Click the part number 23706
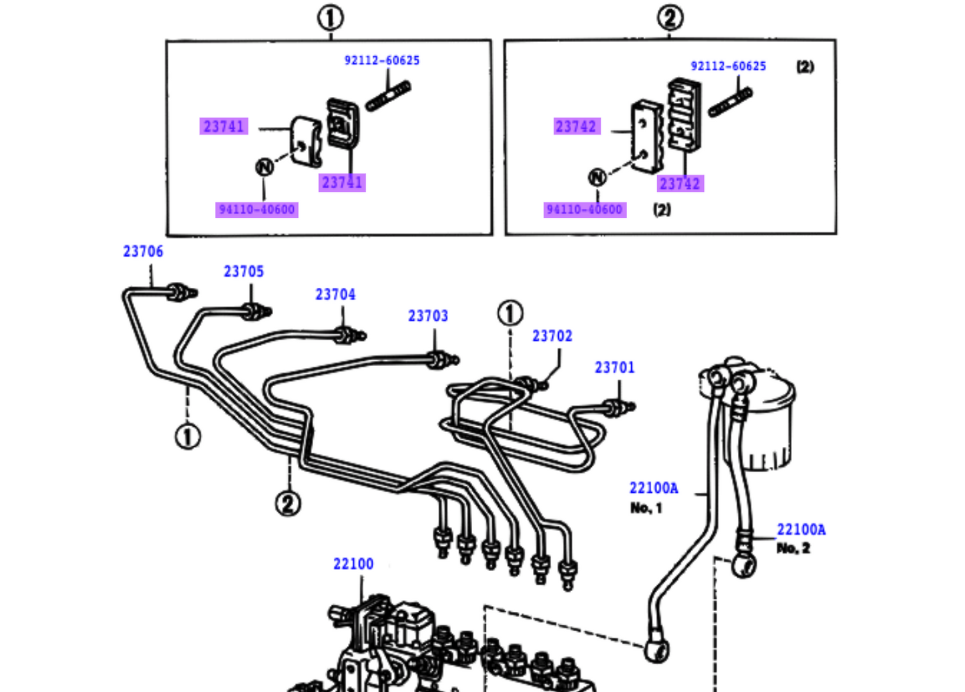143,252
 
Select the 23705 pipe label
244,272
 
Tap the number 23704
335,295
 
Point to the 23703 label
428,316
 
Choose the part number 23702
552,336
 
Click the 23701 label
614,368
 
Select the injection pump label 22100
353,564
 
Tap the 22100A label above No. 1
653,488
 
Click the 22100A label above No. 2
801,530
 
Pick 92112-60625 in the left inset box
382,61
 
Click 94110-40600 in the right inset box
584,210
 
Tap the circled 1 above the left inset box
331,18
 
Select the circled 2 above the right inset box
670,18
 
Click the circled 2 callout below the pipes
288,503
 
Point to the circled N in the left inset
264,167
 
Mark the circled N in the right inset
597,177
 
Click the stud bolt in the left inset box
388,97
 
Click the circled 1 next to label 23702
510,313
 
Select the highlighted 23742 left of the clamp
576,127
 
